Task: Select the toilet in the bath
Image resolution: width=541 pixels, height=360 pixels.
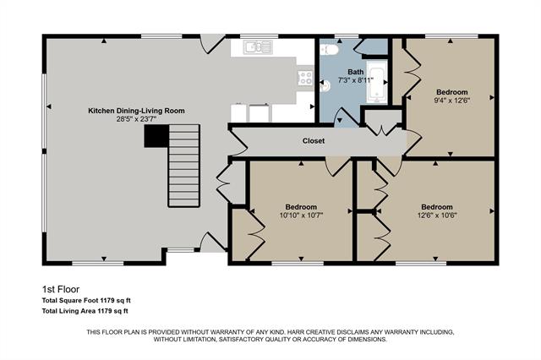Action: [x=331, y=49]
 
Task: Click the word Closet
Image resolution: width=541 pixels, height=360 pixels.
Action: [x=314, y=141]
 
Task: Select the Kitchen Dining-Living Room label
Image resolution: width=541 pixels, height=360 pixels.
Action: [x=136, y=111]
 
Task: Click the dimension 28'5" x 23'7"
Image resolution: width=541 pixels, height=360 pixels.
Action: [x=137, y=119]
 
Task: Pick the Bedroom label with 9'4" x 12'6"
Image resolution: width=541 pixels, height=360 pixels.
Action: [x=451, y=91]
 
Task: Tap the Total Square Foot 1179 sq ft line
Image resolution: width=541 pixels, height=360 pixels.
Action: [x=86, y=301]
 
